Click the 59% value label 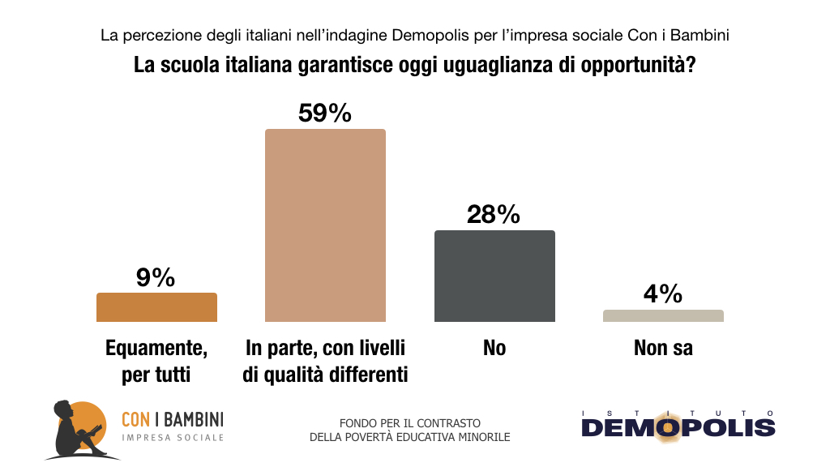coord(325,113)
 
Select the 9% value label coord(156,278)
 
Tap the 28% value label coord(494,214)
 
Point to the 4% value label coord(663,293)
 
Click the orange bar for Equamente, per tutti coord(156,307)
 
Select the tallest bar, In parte coord(325,225)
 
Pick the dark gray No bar coord(494,276)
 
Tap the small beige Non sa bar coord(663,315)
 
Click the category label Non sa coord(663,349)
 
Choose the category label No coord(494,349)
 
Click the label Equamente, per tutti coord(156,362)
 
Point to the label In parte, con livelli coord(325,349)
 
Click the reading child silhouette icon coord(79,429)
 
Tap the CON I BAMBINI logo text coord(172,419)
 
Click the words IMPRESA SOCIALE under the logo coord(172,438)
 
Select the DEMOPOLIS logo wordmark coord(678,426)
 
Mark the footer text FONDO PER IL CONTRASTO coord(410,423)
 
